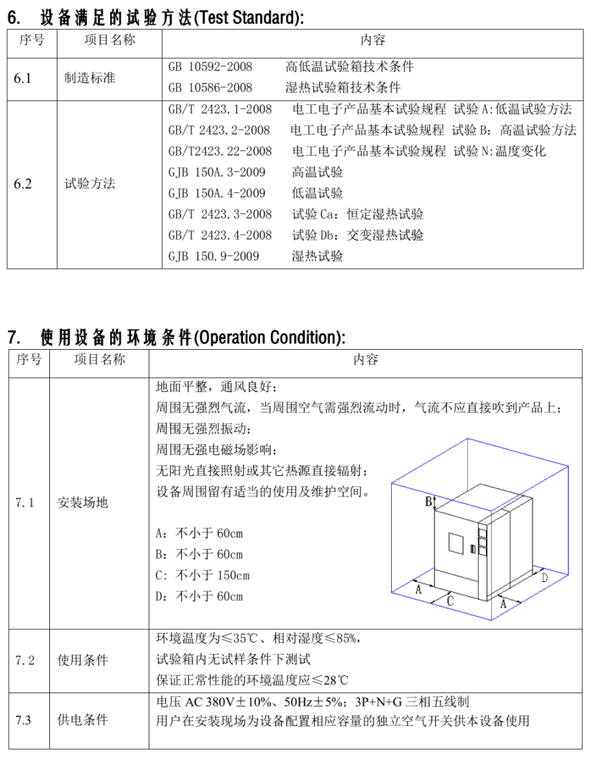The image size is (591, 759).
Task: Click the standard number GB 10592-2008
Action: tap(210, 66)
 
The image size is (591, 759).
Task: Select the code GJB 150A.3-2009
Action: tap(216, 172)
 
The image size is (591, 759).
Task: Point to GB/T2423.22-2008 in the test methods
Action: tap(220, 151)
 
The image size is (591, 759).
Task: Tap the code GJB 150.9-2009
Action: tap(214, 256)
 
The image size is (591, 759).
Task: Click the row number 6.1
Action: tap(23, 79)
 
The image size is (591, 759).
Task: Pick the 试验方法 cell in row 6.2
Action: tap(90, 184)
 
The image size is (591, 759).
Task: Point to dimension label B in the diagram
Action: tap(428, 502)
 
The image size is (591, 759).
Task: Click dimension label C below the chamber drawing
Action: tap(450, 601)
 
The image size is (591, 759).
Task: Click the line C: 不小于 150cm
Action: tap(202, 576)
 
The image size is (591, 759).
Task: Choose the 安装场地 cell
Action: tap(82, 503)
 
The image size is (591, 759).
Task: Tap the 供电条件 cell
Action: tap(82, 720)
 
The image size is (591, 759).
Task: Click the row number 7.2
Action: tap(25, 660)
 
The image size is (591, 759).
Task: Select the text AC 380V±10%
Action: tap(219, 702)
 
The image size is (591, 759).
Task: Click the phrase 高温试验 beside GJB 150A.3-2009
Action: tap(317, 172)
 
